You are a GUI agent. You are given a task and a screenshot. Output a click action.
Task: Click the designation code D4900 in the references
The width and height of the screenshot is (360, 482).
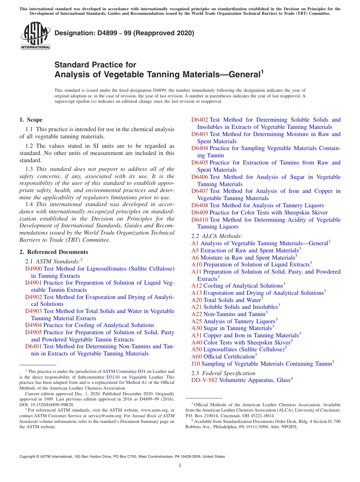[x=33, y=269]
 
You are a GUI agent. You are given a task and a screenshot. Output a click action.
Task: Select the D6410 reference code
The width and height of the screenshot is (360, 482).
[x=199, y=220]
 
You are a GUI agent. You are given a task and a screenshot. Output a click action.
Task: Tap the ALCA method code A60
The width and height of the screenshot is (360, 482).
[x=197, y=357]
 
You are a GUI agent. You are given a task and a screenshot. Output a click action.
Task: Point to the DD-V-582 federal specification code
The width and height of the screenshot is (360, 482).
[x=204, y=380]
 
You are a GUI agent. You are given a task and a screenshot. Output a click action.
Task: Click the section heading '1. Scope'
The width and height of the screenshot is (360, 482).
[x=31, y=120]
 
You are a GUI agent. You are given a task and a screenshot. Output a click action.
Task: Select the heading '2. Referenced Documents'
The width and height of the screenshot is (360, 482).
[x=53, y=252]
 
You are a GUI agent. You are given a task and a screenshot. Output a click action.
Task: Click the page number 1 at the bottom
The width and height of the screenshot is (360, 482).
[x=180, y=466]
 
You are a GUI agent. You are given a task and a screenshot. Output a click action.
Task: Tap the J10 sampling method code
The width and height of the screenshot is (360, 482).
[x=196, y=364]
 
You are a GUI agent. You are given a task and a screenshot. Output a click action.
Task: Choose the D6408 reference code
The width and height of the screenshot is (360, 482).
[x=199, y=205]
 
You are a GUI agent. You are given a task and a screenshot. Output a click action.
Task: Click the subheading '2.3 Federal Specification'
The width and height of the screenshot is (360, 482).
[x=224, y=373]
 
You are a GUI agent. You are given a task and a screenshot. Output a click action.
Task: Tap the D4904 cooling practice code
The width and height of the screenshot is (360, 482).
[x=33, y=325]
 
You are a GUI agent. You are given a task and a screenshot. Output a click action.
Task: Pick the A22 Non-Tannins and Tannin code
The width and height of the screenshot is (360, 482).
[x=197, y=314]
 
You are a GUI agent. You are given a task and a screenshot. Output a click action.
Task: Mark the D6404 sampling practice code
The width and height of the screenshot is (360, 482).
[x=199, y=148]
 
